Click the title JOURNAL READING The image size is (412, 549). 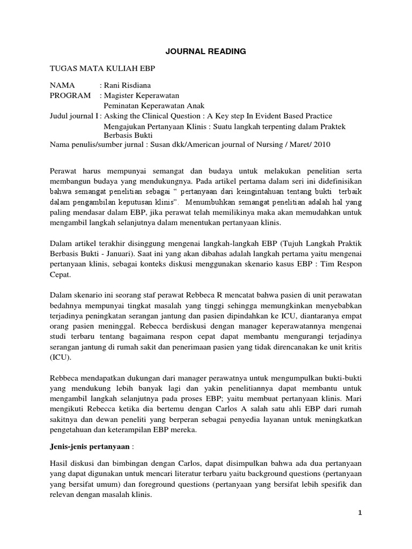[x=205, y=51]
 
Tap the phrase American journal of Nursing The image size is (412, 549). [x=242, y=145]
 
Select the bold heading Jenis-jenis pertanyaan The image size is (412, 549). [x=90, y=446]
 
